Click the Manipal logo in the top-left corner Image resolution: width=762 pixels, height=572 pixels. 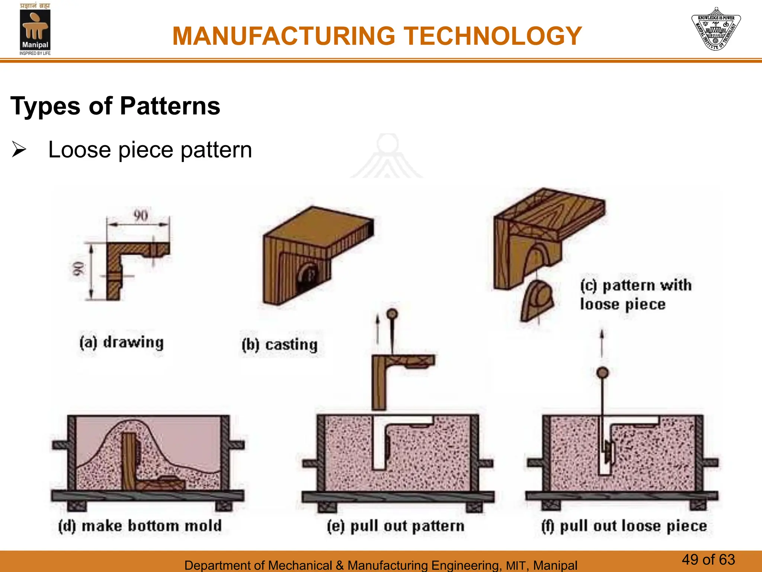pyautogui.click(x=35, y=29)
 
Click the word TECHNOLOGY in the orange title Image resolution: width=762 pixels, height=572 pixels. pyautogui.click(x=493, y=36)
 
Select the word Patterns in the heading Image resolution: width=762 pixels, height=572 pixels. pyautogui.click(x=170, y=106)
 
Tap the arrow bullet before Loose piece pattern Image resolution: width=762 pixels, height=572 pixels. pyautogui.click(x=19, y=149)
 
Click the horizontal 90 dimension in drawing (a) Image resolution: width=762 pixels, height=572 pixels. pyautogui.click(x=140, y=216)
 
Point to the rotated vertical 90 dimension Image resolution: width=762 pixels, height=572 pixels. pyautogui.click(x=78, y=269)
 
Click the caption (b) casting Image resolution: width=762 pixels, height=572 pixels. pyautogui.click(x=280, y=345)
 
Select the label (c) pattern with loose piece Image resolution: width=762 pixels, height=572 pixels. pyautogui.click(x=635, y=295)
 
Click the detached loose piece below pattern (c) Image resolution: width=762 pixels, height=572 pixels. pyautogui.click(x=536, y=301)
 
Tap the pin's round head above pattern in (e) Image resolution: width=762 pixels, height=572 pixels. pyautogui.click(x=392, y=314)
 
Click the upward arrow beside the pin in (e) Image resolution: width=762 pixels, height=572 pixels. pyautogui.click(x=378, y=328)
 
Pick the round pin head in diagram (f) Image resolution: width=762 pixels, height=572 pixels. pyautogui.click(x=602, y=372)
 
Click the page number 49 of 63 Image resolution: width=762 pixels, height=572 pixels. pyautogui.click(x=708, y=560)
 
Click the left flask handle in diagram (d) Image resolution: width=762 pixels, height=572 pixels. pyautogui.click(x=60, y=445)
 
